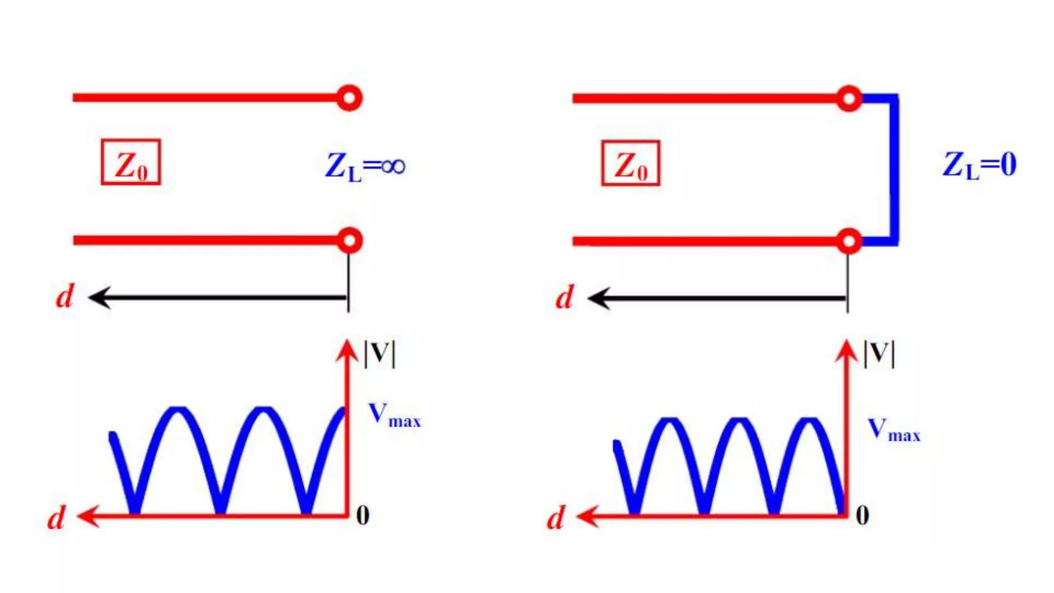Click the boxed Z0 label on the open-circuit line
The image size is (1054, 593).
[131, 162]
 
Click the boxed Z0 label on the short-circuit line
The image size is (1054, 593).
[630, 163]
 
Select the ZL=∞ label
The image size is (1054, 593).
[365, 166]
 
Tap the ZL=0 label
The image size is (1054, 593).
[979, 165]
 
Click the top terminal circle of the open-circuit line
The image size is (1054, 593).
[349, 98]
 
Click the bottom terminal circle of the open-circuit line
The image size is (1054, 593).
[349, 240]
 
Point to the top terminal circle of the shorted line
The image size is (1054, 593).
[849, 98]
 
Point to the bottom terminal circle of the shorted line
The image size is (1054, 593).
[849, 241]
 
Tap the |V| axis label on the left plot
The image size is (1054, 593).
[380, 354]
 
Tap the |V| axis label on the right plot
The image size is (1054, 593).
[879, 354]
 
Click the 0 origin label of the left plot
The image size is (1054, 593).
[363, 515]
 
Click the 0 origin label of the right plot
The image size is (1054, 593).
[863, 515]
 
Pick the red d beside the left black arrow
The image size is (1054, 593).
[65, 296]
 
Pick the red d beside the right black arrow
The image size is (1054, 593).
[565, 298]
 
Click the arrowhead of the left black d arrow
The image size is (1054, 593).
[99, 298]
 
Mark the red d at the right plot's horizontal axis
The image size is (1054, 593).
[556, 518]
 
